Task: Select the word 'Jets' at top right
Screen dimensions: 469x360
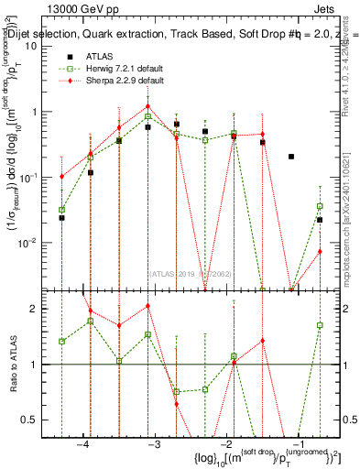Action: click(327, 11)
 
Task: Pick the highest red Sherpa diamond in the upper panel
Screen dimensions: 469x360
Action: click(147, 106)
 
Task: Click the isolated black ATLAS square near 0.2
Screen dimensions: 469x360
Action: click(291, 157)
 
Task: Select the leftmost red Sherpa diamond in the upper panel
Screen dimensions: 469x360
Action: click(61, 177)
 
